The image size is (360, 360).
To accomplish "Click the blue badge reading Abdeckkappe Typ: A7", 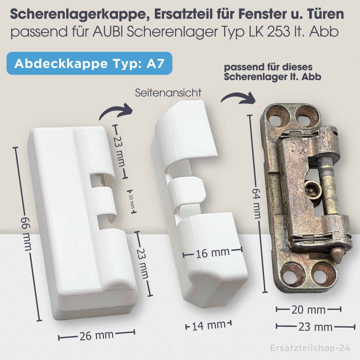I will pos(89,63).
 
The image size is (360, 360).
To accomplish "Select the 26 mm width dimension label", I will pos(96,336).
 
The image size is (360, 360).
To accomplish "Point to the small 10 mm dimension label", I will pos(131,201).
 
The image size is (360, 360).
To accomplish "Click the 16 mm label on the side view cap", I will pos(213,253).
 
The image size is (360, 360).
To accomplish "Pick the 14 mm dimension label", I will pos(209,325).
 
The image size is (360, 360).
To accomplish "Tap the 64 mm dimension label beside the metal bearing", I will pos(256,203).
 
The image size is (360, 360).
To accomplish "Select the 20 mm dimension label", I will pos(308,310).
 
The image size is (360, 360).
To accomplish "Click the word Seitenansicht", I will pos(168,93).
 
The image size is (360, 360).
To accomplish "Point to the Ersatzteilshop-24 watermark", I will pos(310,348).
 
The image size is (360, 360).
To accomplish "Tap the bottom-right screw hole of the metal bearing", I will pos(323,276).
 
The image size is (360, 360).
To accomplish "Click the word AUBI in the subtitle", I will pos(108,32).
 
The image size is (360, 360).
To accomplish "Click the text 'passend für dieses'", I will pos(268,67).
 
